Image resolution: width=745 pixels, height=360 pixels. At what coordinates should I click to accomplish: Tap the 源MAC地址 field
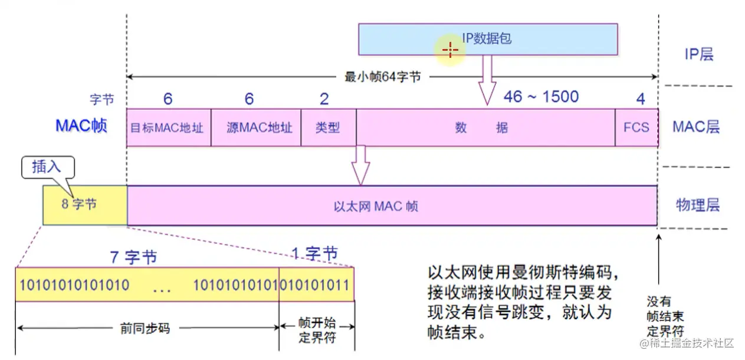click(x=255, y=127)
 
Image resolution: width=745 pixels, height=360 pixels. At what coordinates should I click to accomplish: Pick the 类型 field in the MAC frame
click(x=328, y=127)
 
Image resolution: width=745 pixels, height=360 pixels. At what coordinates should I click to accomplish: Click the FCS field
click(x=636, y=127)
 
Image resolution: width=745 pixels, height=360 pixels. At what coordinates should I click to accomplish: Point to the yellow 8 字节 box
click(x=84, y=205)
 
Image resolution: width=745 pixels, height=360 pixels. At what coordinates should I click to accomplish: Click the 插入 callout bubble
click(x=47, y=167)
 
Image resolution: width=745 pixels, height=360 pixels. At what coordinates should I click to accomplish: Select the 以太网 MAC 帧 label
click(x=376, y=206)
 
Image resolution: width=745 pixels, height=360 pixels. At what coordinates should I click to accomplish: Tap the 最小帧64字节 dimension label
click(x=383, y=77)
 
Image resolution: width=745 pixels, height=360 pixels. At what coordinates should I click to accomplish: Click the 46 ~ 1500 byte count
click(x=541, y=97)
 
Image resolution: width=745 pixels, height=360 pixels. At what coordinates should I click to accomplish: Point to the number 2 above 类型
click(x=324, y=99)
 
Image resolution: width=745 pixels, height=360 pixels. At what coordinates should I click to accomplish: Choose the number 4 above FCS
click(x=641, y=99)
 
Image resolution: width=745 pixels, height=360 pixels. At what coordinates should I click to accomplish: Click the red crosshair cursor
click(x=450, y=50)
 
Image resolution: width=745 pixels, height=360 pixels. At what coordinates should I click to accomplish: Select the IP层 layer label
click(x=698, y=54)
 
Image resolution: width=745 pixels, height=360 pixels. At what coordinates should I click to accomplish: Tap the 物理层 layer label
click(x=697, y=205)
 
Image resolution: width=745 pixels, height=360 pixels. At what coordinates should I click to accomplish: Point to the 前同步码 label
click(x=145, y=328)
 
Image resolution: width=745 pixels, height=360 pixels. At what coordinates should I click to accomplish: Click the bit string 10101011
click(x=316, y=285)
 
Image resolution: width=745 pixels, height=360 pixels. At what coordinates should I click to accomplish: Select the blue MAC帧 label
click(x=81, y=126)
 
